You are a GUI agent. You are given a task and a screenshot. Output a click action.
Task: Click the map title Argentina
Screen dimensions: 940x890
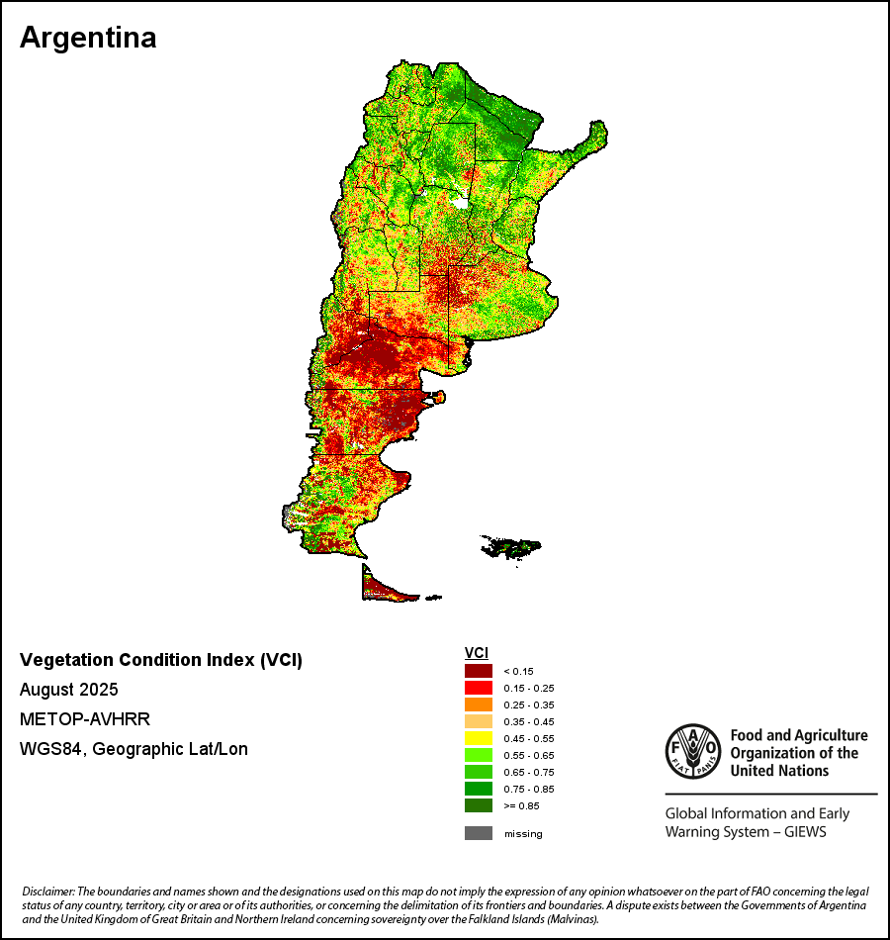point(88,38)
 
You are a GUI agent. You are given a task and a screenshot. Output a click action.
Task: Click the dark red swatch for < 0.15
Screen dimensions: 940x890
point(479,671)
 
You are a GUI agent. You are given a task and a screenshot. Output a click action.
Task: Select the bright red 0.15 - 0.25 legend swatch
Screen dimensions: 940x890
point(479,688)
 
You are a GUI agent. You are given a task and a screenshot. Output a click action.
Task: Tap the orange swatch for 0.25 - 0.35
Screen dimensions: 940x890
point(479,705)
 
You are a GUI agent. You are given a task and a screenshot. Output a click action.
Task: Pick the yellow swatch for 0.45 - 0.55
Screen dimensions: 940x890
point(479,738)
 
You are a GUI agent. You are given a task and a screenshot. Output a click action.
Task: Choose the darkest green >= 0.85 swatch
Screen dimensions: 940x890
point(479,805)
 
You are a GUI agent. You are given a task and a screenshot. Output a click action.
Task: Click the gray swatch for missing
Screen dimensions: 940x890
point(479,833)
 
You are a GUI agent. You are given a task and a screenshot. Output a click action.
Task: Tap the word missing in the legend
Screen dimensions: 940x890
point(523,834)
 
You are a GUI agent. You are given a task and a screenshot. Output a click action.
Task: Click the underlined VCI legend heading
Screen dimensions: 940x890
point(476,652)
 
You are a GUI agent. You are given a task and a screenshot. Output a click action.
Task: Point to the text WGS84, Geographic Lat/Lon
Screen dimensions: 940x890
point(133,749)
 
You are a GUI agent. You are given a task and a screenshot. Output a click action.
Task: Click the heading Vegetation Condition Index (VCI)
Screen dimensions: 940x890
point(161,660)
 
